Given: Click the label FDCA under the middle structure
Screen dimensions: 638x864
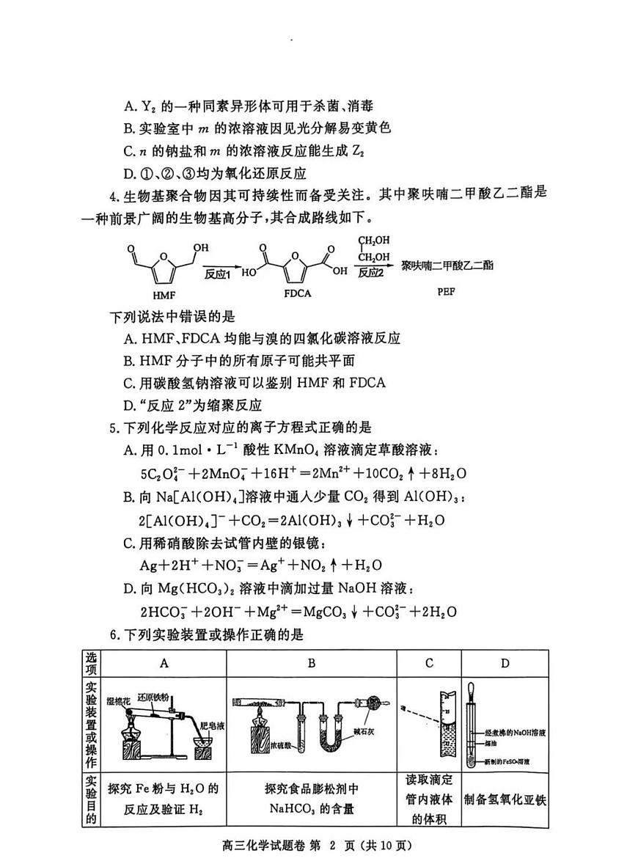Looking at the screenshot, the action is (297, 293).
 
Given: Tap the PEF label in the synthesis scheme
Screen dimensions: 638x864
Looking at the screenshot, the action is (447, 291).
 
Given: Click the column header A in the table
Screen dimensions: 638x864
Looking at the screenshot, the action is (164, 663).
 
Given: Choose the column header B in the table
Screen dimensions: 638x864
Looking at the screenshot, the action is (311, 663).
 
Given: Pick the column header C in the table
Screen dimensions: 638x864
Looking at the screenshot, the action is (429, 663).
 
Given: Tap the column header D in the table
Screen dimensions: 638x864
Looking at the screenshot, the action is (505, 663).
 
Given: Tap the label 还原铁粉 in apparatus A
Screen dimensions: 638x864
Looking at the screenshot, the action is (156, 696).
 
